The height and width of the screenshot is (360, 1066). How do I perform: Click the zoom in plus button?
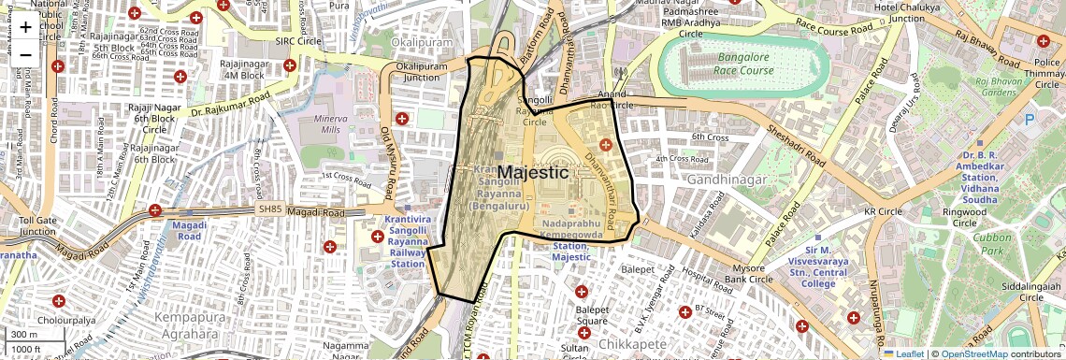pyautogui.click(x=25, y=26)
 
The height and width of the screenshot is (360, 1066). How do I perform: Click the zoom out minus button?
pyautogui.click(x=25, y=54)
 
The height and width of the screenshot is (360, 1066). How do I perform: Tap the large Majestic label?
pyautogui.click(x=532, y=173)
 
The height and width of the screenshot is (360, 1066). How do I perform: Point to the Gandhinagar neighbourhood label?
pyautogui.click(x=727, y=179)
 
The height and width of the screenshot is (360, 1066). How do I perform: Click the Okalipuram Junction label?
pyautogui.click(x=422, y=73)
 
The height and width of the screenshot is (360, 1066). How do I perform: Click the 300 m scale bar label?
pyautogui.click(x=23, y=335)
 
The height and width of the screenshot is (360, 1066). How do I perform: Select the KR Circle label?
pyautogui.click(x=882, y=212)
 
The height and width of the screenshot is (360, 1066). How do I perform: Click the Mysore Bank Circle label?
pyautogui.click(x=747, y=274)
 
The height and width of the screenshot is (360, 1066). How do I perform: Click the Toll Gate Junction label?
pyautogui.click(x=38, y=225)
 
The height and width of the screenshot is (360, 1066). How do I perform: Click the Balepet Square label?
pyautogui.click(x=591, y=316)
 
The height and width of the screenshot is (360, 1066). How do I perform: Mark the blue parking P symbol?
pyautogui.click(x=1030, y=120)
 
